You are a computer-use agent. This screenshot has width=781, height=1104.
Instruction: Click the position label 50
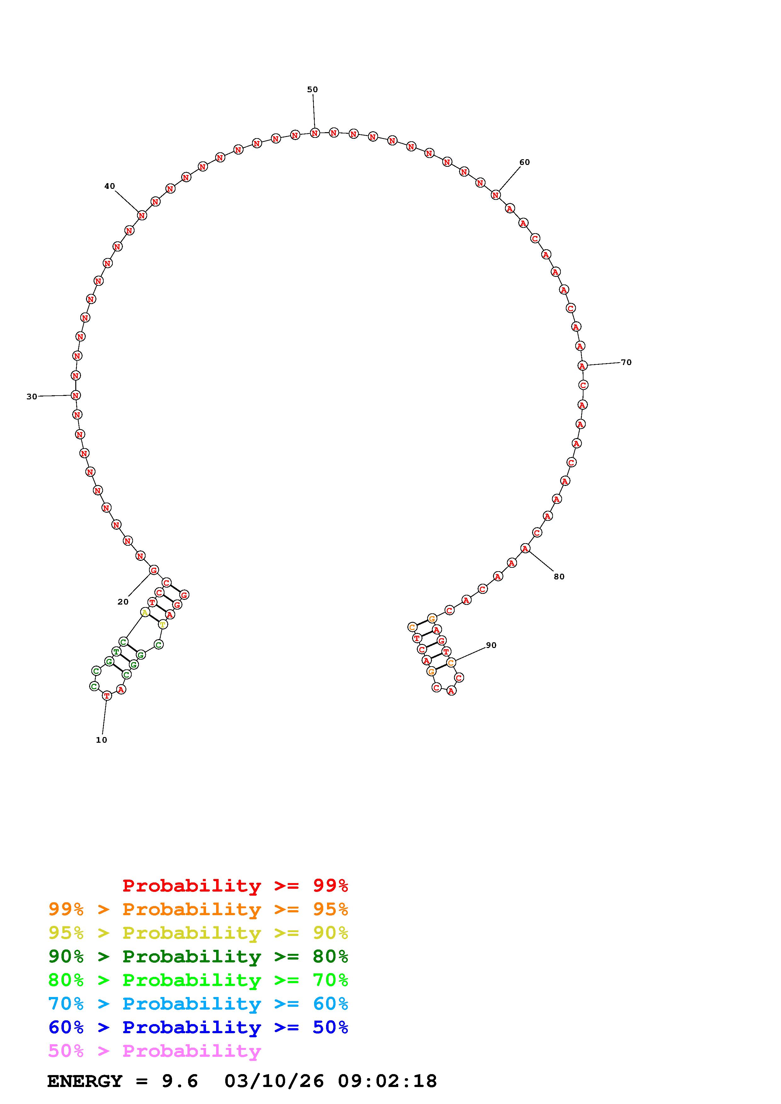(x=312, y=89)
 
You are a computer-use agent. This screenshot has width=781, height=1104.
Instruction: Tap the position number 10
(x=101, y=740)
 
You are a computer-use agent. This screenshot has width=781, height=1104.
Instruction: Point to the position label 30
(x=32, y=397)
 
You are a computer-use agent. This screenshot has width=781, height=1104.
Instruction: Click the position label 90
(x=491, y=645)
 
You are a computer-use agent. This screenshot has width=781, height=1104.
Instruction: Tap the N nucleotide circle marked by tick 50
(x=315, y=133)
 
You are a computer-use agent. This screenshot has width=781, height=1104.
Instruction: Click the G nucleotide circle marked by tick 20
(x=153, y=570)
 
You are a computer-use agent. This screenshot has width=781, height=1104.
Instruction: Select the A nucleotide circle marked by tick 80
(x=525, y=549)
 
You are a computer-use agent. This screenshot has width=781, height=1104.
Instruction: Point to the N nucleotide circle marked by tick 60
(x=496, y=195)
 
